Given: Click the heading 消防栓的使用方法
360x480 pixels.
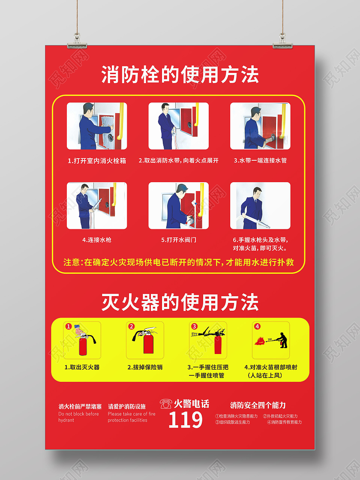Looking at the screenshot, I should (x=180, y=75).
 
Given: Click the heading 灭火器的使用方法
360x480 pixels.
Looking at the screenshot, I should (x=180, y=302).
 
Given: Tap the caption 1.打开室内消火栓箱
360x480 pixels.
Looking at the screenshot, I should (x=97, y=161).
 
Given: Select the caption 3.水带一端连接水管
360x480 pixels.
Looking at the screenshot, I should (x=260, y=161).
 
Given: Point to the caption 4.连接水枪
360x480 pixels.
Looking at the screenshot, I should (x=97, y=240).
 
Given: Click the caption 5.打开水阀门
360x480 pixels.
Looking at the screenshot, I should (x=179, y=240).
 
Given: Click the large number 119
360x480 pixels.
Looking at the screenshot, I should (x=185, y=420).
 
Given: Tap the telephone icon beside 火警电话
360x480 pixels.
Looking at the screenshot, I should (x=165, y=404).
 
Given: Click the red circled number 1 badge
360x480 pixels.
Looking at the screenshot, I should (x=68, y=327).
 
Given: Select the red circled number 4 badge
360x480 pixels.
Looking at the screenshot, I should (x=257, y=326).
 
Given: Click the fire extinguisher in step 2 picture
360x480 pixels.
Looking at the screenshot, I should (x=148, y=342).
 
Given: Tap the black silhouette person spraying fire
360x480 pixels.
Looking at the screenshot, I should (x=282, y=340).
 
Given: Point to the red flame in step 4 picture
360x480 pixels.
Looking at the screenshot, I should (x=260, y=341).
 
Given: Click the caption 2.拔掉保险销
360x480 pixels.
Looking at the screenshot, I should (x=145, y=367).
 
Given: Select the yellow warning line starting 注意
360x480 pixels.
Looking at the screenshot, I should (x=179, y=262).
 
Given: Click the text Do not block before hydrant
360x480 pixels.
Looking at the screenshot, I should (x=78, y=417).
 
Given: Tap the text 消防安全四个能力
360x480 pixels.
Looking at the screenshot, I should (x=258, y=405).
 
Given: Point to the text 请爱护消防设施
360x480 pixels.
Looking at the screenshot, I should (x=127, y=406).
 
